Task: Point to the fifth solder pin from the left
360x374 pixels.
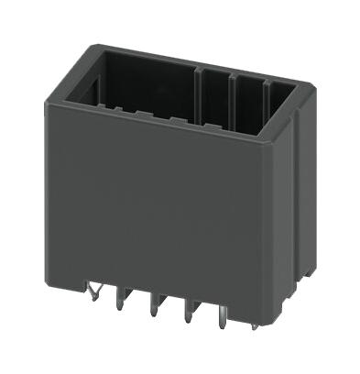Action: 224,332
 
